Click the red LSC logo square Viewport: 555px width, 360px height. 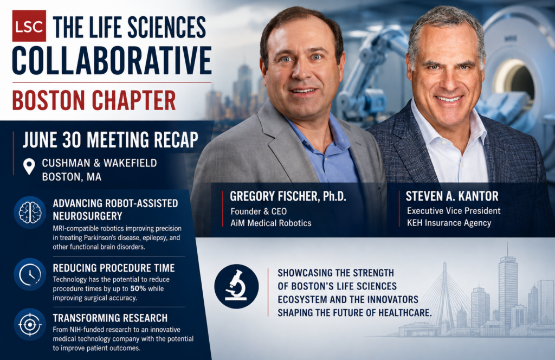pyautogui.click(x=29, y=26)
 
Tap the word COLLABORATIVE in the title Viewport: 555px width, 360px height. pyautogui.click(x=112, y=61)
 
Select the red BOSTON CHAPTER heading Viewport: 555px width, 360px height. pyautogui.click(x=94, y=100)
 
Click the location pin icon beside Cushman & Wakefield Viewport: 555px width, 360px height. pyautogui.click(x=29, y=166)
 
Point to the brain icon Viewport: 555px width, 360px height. pyautogui.click(x=30, y=213)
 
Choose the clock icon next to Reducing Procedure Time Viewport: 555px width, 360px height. pyautogui.click(x=30, y=275)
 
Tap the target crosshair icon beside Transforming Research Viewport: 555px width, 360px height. pyautogui.click(x=30, y=324)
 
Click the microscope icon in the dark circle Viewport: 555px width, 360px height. pyautogui.click(x=236, y=286)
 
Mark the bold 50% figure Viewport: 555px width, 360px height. pyautogui.click(x=138, y=288)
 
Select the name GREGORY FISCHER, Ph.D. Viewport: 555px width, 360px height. pyautogui.click(x=288, y=196)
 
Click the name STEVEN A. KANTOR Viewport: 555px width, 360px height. pyautogui.click(x=452, y=196)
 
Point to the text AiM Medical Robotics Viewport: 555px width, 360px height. pyautogui.click(x=271, y=223)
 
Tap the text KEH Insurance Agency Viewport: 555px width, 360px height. pyautogui.click(x=449, y=223)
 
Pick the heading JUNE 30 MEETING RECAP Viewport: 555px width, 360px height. pyautogui.click(x=111, y=139)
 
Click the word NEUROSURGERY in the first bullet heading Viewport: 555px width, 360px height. pyautogui.click(x=87, y=216)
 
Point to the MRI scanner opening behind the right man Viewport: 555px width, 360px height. pyautogui.click(x=515, y=81)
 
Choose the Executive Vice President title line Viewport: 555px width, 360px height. pyautogui.click(x=454, y=211)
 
